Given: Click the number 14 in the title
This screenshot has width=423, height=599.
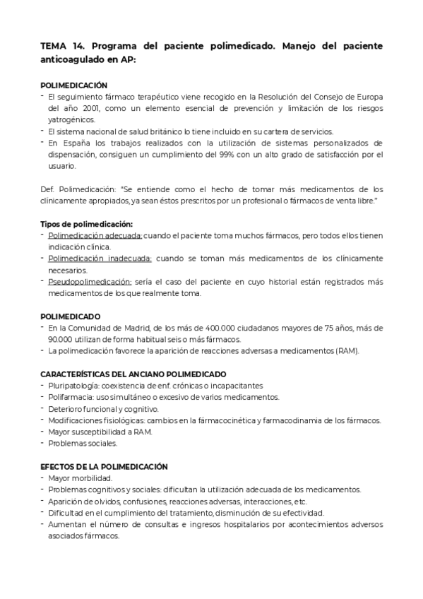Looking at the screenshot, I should (x=77, y=46).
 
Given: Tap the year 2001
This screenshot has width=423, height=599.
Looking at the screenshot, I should (x=88, y=108).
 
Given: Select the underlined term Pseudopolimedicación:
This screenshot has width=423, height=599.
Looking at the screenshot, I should (x=90, y=282).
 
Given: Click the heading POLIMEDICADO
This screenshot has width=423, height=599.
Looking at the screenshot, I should (x=71, y=316).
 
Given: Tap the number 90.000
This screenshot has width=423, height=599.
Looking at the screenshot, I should (x=60, y=339).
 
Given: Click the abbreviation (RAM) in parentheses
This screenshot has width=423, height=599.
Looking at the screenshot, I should (x=347, y=350).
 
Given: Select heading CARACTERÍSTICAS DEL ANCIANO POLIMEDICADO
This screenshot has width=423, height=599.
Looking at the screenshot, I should (x=133, y=374).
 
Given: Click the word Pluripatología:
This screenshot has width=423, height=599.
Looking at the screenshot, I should (x=73, y=386).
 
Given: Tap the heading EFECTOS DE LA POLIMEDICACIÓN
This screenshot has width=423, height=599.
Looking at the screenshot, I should (x=104, y=466).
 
